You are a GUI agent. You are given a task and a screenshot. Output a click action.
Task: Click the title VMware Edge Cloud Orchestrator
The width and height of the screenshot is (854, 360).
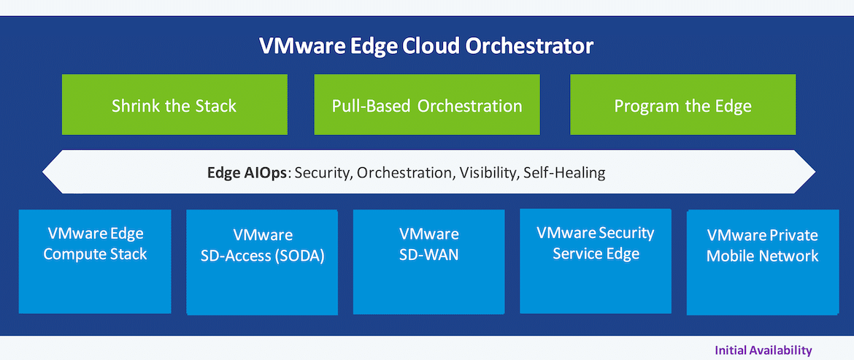click(426, 46)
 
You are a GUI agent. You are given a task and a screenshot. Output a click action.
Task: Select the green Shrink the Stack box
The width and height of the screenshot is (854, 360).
click(174, 104)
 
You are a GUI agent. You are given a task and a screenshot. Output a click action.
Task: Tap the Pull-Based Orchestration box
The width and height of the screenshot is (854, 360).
click(427, 104)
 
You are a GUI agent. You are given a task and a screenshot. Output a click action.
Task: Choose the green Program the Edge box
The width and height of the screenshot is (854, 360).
click(683, 104)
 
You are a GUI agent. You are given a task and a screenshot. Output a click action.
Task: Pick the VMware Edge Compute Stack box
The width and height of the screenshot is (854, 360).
click(95, 261)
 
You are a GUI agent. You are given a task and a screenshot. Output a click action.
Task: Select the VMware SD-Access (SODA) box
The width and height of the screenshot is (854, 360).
click(262, 262)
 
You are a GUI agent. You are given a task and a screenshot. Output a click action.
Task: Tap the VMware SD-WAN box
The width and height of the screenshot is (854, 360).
click(429, 262)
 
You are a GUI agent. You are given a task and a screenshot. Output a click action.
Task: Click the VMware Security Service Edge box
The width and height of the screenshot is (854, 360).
click(596, 261)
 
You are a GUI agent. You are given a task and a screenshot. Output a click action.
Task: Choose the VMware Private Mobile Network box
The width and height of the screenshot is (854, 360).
click(763, 262)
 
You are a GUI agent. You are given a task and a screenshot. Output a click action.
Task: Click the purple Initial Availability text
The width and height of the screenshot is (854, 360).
click(763, 351)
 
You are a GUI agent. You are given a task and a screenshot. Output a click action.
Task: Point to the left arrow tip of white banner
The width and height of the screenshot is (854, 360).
click(42, 172)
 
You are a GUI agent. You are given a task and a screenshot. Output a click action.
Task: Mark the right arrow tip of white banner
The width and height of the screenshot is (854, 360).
click(815, 172)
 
